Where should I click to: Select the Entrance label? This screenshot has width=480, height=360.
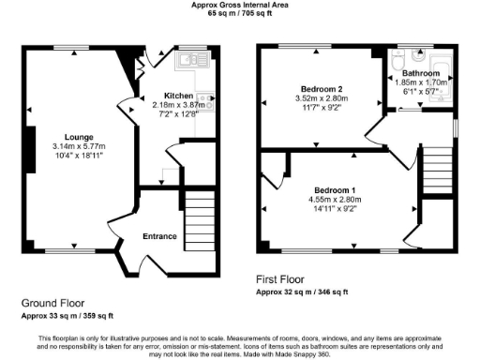point(159,236)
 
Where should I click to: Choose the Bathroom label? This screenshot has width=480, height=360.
point(421,73)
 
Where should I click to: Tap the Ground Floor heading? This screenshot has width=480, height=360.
point(53,303)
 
